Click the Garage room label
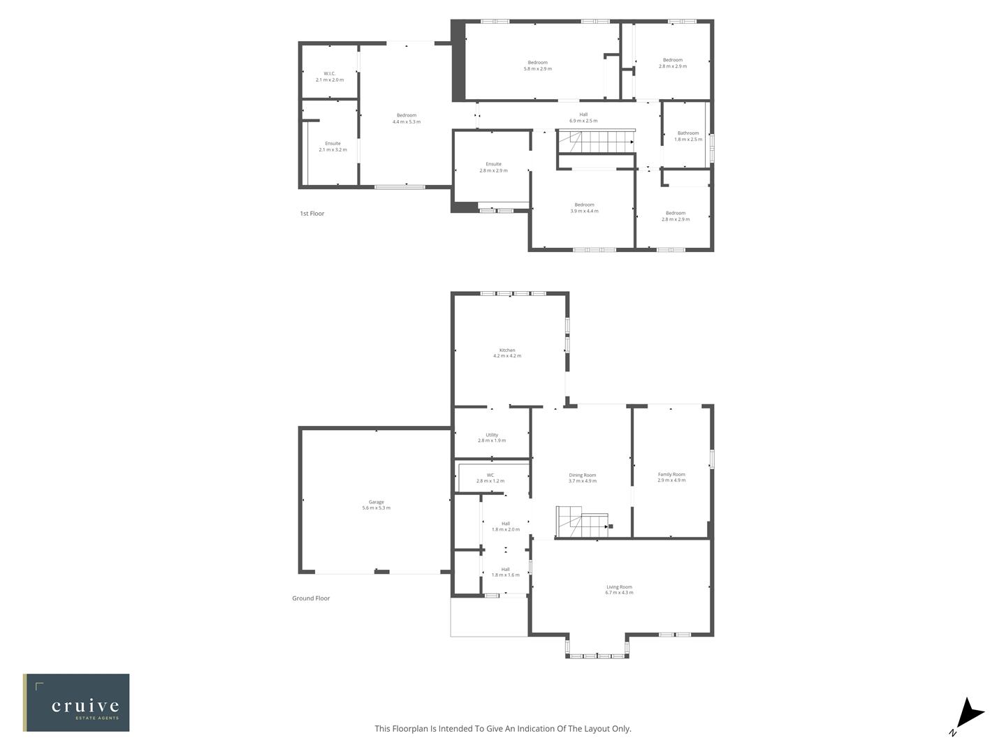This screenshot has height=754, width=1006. [x=376, y=502]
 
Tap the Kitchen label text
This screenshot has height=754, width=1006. [x=507, y=350]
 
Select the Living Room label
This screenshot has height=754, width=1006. [x=619, y=587]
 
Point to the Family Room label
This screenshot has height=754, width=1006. [x=671, y=475]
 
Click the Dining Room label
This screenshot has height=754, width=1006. [x=582, y=475]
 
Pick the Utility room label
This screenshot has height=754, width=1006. [x=492, y=435]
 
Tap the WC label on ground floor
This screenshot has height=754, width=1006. [x=490, y=475]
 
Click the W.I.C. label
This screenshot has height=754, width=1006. [x=330, y=73]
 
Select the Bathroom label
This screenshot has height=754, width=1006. [x=688, y=133]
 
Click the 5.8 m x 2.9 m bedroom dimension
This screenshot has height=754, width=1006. [x=538, y=69]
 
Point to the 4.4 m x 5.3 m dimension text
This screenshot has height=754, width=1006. [x=407, y=122]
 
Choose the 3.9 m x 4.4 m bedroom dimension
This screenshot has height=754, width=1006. [x=584, y=211]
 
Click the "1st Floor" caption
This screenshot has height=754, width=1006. [x=312, y=214]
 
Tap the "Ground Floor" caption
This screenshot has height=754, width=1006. [x=311, y=598]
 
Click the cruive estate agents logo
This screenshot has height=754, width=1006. [x=76, y=702]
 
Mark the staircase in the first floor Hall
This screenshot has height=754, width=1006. [x=597, y=142]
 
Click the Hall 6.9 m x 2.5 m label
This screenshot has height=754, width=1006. [x=583, y=118]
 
